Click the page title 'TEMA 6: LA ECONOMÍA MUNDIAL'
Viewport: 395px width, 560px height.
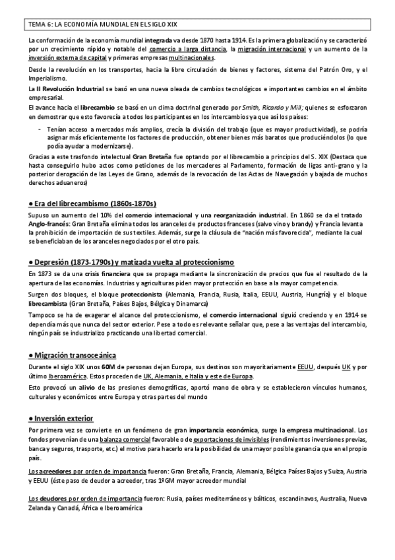click(86, 25)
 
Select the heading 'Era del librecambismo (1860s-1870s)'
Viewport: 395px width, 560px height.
click(96, 202)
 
